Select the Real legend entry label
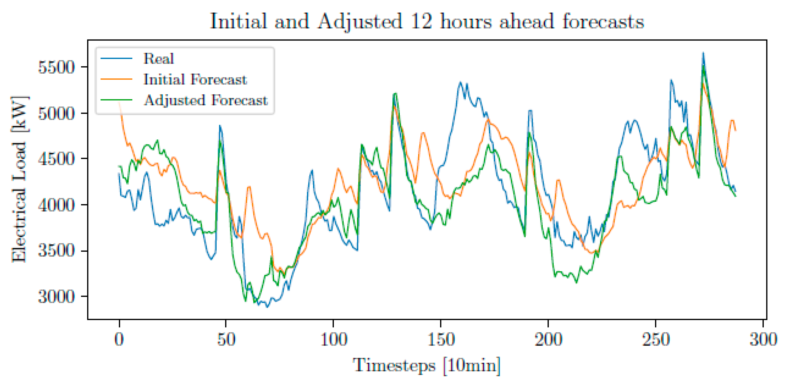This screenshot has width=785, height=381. tap(158, 59)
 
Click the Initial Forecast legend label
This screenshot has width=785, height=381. tap(195, 80)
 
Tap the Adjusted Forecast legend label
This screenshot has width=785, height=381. tap(206, 100)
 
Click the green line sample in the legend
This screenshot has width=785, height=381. tap(116, 100)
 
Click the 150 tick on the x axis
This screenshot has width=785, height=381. tap(441, 339)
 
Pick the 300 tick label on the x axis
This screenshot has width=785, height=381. tap(763, 339)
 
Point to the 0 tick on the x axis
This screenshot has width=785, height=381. tap(119, 339)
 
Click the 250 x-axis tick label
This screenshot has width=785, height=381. tap(655, 339)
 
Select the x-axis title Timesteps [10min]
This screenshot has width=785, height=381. tap(427, 365)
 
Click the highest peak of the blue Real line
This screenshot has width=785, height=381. tap(703, 53)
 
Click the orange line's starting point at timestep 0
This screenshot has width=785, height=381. tap(119, 103)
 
